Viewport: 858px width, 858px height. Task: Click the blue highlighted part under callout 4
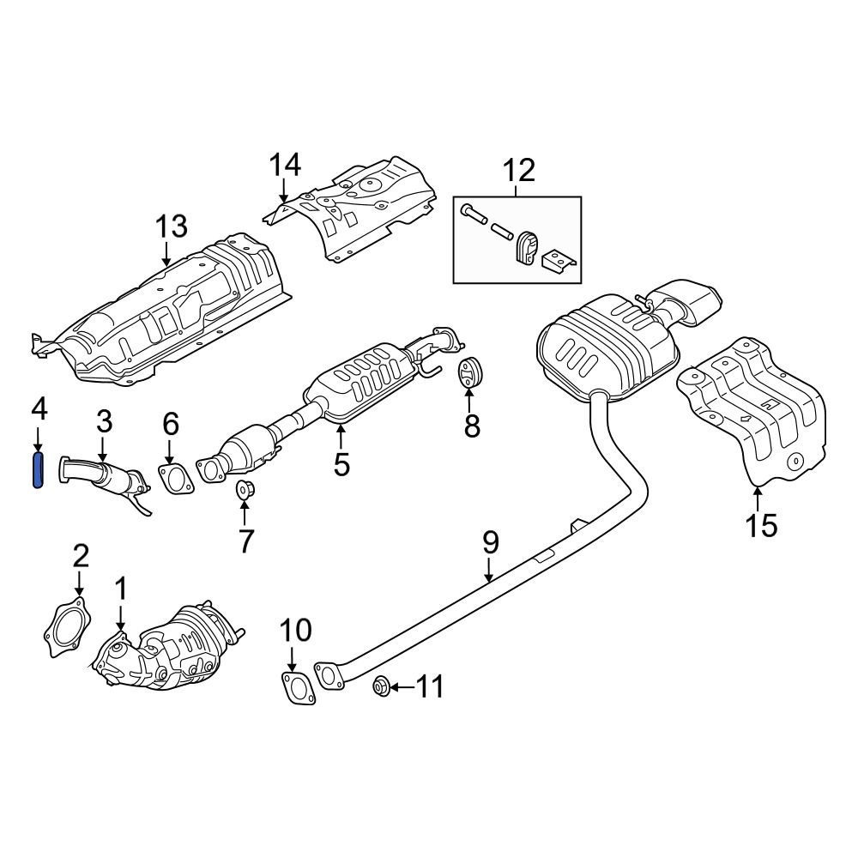(x=38, y=472)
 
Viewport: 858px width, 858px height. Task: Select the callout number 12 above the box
(x=518, y=170)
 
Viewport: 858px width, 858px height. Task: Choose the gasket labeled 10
(x=296, y=690)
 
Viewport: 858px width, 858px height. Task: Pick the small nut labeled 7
(x=244, y=492)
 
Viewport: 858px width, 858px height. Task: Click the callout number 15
(x=761, y=524)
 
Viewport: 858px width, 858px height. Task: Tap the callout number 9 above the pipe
(x=490, y=542)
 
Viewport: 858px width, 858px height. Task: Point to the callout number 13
(x=170, y=227)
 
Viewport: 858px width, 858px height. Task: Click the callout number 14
(x=286, y=165)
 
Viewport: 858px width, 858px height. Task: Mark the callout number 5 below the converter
(x=341, y=464)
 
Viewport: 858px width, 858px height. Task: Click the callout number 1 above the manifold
(x=121, y=589)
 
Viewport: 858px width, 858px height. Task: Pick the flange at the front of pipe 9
(x=328, y=674)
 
